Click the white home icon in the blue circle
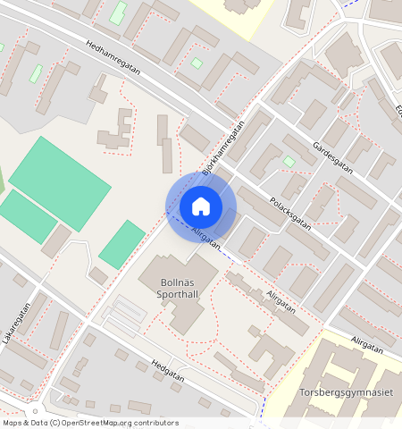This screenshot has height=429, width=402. click(x=201, y=206)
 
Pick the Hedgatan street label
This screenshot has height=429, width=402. click(x=168, y=370)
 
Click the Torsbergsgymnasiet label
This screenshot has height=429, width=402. click(x=346, y=392)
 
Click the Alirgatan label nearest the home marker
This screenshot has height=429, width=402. click(x=205, y=239)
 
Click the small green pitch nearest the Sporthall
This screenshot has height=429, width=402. click(x=122, y=243)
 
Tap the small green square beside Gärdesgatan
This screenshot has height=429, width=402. click(x=289, y=161)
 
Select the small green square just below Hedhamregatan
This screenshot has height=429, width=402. click(x=196, y=63)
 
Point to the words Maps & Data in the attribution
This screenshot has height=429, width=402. click(x=23, y=423)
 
